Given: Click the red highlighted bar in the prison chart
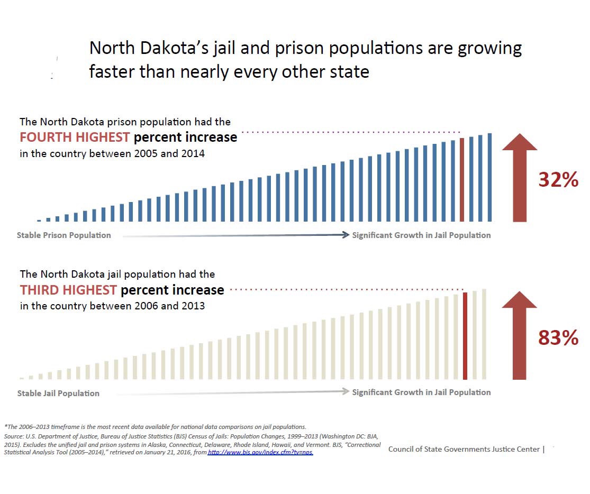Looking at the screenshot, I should coord(462,180).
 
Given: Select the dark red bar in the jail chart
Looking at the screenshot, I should coord(465,336).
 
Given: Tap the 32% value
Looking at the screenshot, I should coord(558,180).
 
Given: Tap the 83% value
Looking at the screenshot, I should coord(558,337).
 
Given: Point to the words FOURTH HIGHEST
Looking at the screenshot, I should coord(75,138).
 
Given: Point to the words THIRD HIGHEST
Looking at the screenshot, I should coord(68,290).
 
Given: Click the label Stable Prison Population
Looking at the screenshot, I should coord(64,235).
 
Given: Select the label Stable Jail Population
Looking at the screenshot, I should coord(58,394).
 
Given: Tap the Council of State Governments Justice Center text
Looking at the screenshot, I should coord(464,449).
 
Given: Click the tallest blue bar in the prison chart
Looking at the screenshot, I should coord(490,177).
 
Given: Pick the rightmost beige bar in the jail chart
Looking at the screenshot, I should coord(484,334).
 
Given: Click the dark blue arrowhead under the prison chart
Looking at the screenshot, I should coord(345,235).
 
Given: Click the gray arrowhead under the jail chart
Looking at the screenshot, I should coord(345,392).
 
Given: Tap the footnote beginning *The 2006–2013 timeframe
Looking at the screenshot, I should coord(155,426).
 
